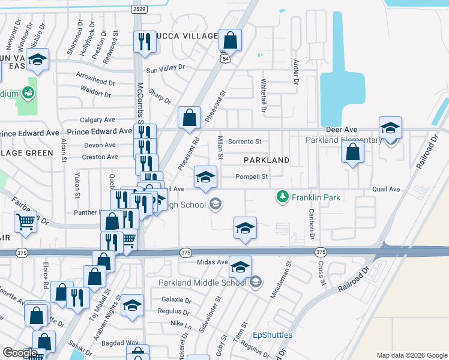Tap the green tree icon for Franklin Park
(282, 196)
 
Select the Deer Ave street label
(342, 130)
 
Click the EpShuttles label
(273, 335)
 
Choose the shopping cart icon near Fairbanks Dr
(25, 222)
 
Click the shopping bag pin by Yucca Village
(230, 40)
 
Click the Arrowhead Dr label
(95, 82)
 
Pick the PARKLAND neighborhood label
(267, 161)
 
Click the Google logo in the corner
(20, 353)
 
